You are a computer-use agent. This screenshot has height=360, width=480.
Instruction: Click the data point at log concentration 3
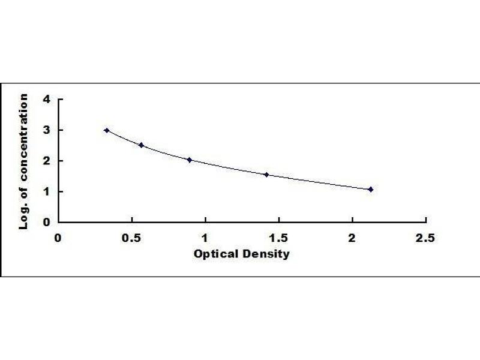coord(107,130)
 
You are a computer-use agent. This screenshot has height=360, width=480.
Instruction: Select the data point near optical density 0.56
coord(141,145)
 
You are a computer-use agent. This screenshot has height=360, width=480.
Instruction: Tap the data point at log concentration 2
coord(190,160)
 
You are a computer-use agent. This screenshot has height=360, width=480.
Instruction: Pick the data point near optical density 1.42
coord(266,175)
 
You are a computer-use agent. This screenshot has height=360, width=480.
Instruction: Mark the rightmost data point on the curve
coord(371,190)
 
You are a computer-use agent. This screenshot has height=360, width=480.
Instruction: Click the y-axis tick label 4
coord(47,99)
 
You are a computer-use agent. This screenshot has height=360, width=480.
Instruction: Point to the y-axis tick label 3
coord(47,130)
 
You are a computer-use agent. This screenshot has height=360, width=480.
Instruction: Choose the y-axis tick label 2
coord(47,160)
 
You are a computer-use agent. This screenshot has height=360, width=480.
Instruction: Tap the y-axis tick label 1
coord(47,191)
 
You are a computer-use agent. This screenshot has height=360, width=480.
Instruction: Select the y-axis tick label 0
coord(47,222)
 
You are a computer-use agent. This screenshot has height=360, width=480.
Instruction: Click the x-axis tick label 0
coord(58,238)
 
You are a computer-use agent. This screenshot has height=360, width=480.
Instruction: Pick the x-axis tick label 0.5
coord(131,238)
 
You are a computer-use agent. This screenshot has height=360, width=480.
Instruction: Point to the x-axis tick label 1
coord(205,238)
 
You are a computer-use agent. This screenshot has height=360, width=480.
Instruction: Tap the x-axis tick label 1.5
coord(278,238)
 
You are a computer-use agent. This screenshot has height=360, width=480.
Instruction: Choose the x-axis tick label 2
coord(352,238)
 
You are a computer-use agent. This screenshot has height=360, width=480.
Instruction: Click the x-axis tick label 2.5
coord(425,238)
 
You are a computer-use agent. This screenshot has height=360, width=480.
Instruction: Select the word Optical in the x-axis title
coord(216,254)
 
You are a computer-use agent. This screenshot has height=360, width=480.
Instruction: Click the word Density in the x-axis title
coord(266,254)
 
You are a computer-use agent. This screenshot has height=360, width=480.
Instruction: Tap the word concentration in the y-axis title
coord(23,137)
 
